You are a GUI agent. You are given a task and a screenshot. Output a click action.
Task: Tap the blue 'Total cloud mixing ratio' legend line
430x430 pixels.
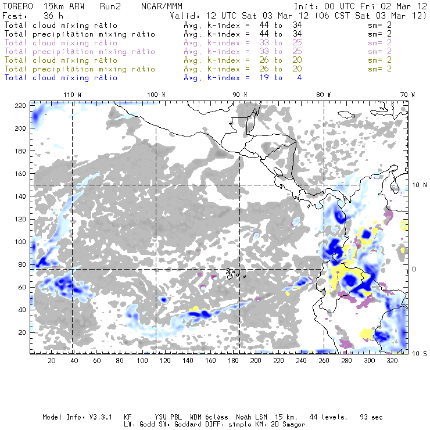point(61,77)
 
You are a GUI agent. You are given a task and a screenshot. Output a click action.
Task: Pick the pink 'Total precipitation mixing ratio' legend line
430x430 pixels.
point(80,51)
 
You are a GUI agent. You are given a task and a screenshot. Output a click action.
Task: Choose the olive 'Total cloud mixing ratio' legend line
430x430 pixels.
point(61,60)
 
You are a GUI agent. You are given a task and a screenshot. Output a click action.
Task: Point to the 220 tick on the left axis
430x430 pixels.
point(21,105)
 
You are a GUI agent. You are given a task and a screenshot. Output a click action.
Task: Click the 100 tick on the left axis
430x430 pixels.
point(21,242)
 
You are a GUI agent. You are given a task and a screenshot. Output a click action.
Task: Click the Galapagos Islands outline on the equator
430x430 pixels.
point(233,271)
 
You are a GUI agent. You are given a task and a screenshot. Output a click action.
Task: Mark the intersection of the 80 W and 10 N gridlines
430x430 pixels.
point(324,185)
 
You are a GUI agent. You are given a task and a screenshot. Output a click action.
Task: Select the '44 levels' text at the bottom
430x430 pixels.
point(331,417)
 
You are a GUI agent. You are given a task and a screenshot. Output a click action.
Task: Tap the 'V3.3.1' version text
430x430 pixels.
point(102,417)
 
